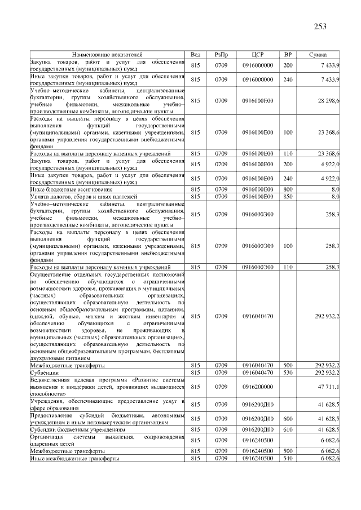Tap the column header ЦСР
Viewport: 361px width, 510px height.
(257, 54)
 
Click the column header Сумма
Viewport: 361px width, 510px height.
(318, 54)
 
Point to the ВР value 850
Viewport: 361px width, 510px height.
(288, 196)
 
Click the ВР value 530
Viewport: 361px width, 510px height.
(288, 372)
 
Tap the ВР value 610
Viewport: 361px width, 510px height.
(288, 429)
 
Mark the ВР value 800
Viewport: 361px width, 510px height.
(288, 189)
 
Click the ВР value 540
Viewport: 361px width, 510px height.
(288, 459)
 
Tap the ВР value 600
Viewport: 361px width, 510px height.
(288, 419)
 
